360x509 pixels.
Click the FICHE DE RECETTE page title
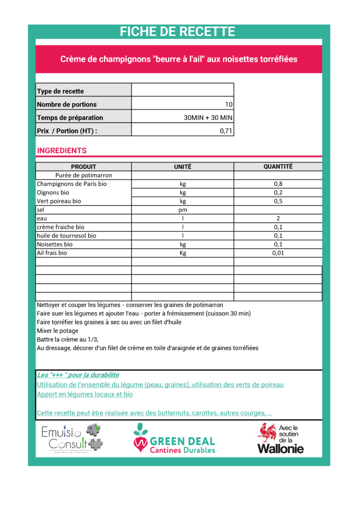coord(178,32)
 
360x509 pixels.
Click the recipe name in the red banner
coord(179,59)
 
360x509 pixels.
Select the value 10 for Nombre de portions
coord(229,104)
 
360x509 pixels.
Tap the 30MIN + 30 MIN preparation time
coord(208,118)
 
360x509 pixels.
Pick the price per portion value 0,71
coord(226,131)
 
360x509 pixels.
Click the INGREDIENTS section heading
coord(62,151)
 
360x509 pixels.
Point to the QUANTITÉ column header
coord(278,167)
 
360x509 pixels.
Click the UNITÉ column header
coord(182,167)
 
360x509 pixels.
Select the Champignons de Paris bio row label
coord(72,184)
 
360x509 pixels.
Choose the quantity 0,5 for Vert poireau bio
coord(278,201)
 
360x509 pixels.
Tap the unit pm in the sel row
coord(182,210)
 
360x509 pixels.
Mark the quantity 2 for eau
coord(278,219)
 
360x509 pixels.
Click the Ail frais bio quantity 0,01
coord(278,253)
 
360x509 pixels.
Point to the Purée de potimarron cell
coord(84,175)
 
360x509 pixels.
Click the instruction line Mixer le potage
coord(58,331)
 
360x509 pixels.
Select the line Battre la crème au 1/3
coord(68,339)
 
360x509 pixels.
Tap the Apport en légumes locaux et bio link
coord(85,394)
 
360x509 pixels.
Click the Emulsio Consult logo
coord(72,438)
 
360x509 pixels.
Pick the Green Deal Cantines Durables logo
coord(174,438)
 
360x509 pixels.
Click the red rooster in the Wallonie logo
coord(267,433)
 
